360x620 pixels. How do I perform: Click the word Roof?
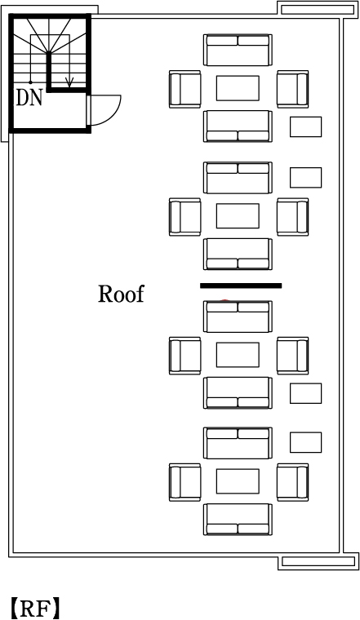[x=121, y=294]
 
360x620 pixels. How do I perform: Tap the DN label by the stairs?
[x=29, y=97]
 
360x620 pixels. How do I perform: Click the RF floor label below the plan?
[x=35, y=609]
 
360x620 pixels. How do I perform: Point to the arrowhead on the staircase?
[x=69, y=82]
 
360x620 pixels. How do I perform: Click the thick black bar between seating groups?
[x=241, y=286]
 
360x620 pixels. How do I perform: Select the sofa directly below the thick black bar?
[x=238, y=317]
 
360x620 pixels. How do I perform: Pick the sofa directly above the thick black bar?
[x=238, y=254]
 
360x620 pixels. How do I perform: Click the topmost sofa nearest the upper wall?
[x=238, y=50]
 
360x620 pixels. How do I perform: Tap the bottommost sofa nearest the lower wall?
[x=238, y=519]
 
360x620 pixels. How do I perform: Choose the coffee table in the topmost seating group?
[x=238, y=88]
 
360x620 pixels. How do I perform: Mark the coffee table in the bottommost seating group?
[x=238, y=481]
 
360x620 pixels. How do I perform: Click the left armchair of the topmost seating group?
[x=184, y=89]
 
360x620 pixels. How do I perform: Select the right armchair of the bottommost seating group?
[x=293, y=482]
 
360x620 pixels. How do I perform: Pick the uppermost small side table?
[x=306, y=127]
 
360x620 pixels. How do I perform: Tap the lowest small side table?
[x=306, y=442]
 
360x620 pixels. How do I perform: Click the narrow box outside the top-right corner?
[x=318, y=9]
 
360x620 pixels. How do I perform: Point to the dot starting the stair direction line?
[x=30, y=82]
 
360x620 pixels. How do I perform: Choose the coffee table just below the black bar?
[x=238, y=355]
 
